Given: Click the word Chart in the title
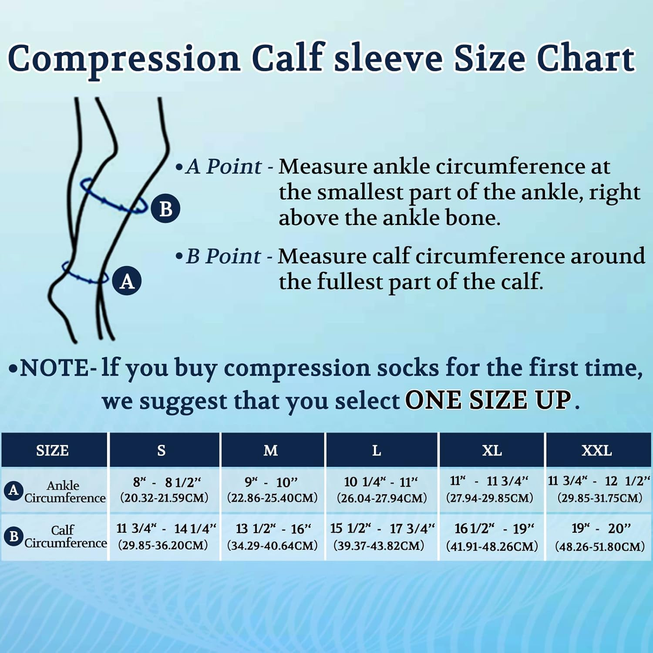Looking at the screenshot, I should point(586,58).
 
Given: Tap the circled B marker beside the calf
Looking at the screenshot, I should point(165,209).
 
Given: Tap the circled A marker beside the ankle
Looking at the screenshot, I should point(127,281).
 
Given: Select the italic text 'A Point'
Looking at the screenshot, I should point(223,167).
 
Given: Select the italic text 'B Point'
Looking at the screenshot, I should point(223,256).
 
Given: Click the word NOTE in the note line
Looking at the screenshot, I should point(54,368).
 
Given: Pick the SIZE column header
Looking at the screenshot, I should point(53,450).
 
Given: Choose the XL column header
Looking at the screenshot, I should point(492,450).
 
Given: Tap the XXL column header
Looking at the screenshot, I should point(597,450).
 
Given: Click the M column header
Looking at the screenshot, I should point(270,450).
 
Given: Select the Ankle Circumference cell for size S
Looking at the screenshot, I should point(165,490).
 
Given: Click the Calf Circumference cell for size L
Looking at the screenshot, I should point(381,536).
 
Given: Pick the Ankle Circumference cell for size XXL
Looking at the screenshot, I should point(599,490).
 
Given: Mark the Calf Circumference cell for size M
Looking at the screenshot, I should point(273,536).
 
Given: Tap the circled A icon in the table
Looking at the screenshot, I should point(13,490).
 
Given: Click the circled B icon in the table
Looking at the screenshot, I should point(13,536).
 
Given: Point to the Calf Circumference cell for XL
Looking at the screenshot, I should point(492,536).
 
